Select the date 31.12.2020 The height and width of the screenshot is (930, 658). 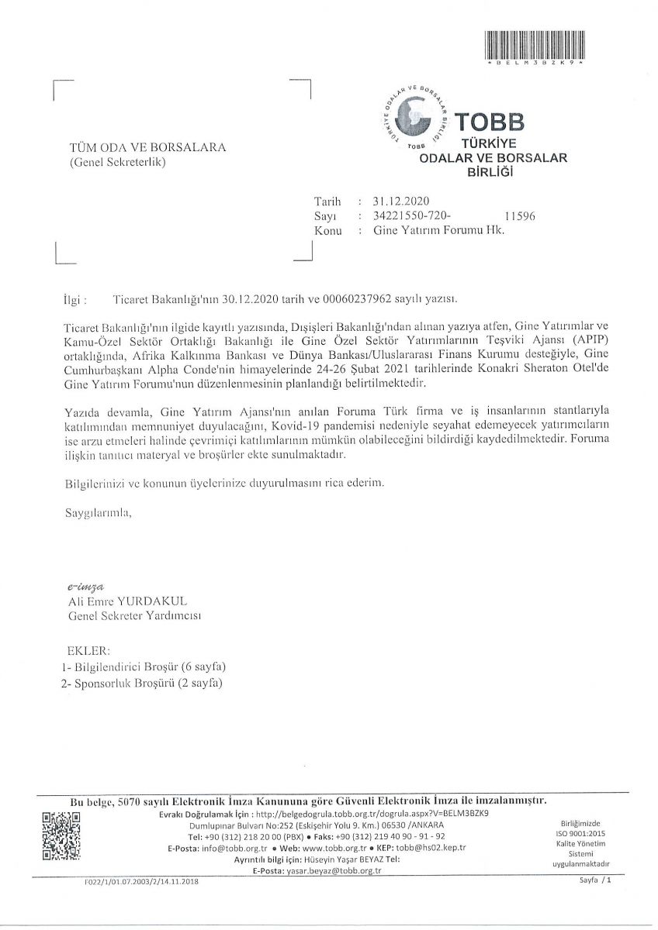(x=395, y=201)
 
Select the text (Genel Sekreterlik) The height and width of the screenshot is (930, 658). (x=117, y=162)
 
